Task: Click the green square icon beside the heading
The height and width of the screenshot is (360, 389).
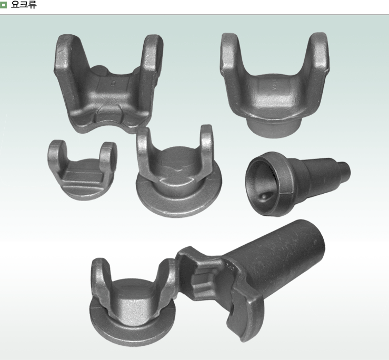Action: click(3, 5)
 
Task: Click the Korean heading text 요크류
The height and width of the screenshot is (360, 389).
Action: click(24, 5)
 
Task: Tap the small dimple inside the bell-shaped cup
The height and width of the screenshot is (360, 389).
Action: click(264, 196)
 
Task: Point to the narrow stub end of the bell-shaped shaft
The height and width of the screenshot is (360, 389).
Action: click(344, 170)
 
